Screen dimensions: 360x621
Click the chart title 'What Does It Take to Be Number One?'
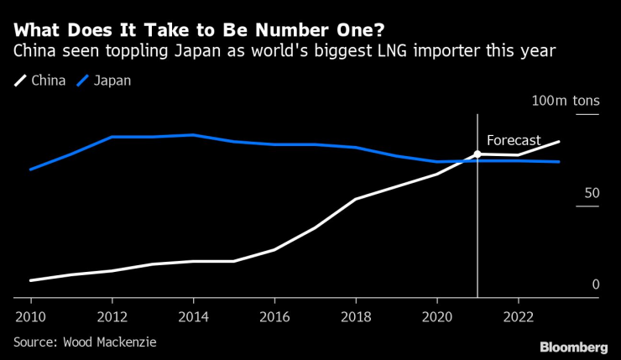[x=199, y=30]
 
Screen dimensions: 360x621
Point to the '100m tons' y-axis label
[x=566, y=101]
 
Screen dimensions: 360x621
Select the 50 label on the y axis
[x=592, y=193]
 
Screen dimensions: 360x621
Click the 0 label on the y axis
[x=596, y=284]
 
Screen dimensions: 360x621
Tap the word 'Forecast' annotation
[x=514, y=141]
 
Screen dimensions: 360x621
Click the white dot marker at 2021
[x=477, y=154]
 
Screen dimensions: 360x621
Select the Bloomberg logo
[x=573, y=347]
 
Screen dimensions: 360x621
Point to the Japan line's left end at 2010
[x=31, y=170]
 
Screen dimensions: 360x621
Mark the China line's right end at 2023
[x=559, y=142]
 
